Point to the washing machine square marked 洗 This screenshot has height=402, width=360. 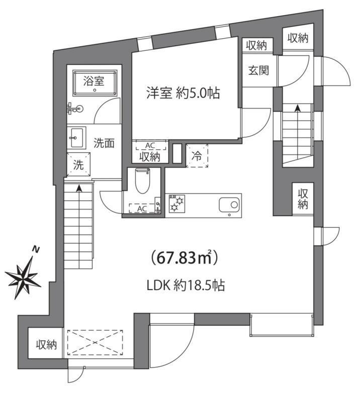[x=79, y=165]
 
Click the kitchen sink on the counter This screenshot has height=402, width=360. [x=230, y=205]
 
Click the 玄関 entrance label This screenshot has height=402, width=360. [x=257, y=70]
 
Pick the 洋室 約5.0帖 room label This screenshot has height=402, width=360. [x=183, y=93]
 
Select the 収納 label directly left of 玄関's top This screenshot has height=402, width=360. [x=256, y=45]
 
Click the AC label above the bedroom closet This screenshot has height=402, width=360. [x=149, y=146]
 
